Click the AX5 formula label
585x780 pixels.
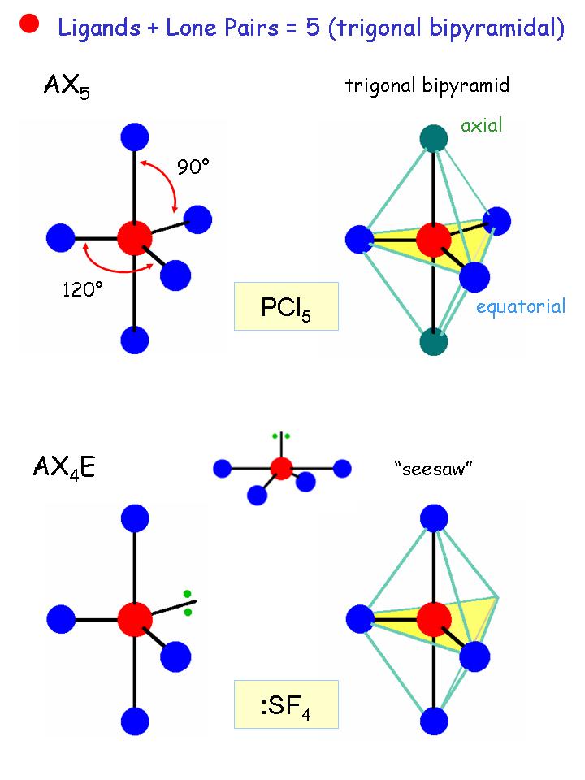[67, 86]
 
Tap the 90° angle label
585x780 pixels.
[193, 167]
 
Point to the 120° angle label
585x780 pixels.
[83, 288]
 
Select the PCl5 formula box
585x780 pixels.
[286, 306]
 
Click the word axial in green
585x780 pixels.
[482, 125]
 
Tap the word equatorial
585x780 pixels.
[521, 306]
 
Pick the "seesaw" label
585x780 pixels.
[432, 470]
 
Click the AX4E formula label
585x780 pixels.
[64, 466]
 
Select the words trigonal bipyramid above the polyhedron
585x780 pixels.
[427, 85]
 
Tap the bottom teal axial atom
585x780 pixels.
[435, 341]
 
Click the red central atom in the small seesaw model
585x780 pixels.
[281, 468]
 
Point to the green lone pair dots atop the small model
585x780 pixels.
[281, 436]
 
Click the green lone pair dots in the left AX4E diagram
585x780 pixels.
[188, 602]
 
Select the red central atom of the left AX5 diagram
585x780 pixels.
[135, 238]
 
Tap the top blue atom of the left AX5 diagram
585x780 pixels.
[135, 136]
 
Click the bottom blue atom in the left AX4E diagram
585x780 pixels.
[135, 719]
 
